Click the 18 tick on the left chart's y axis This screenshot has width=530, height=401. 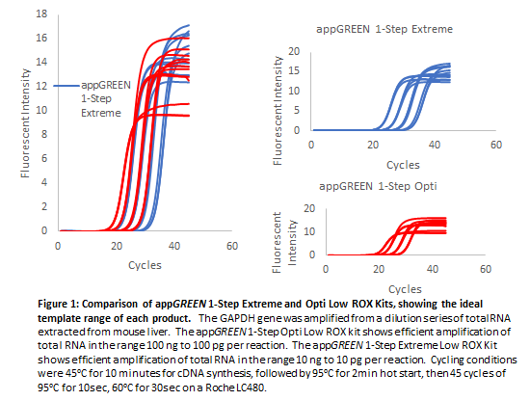[x=39, y=14]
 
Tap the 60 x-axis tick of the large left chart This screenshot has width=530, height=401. [x=231, y=247]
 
